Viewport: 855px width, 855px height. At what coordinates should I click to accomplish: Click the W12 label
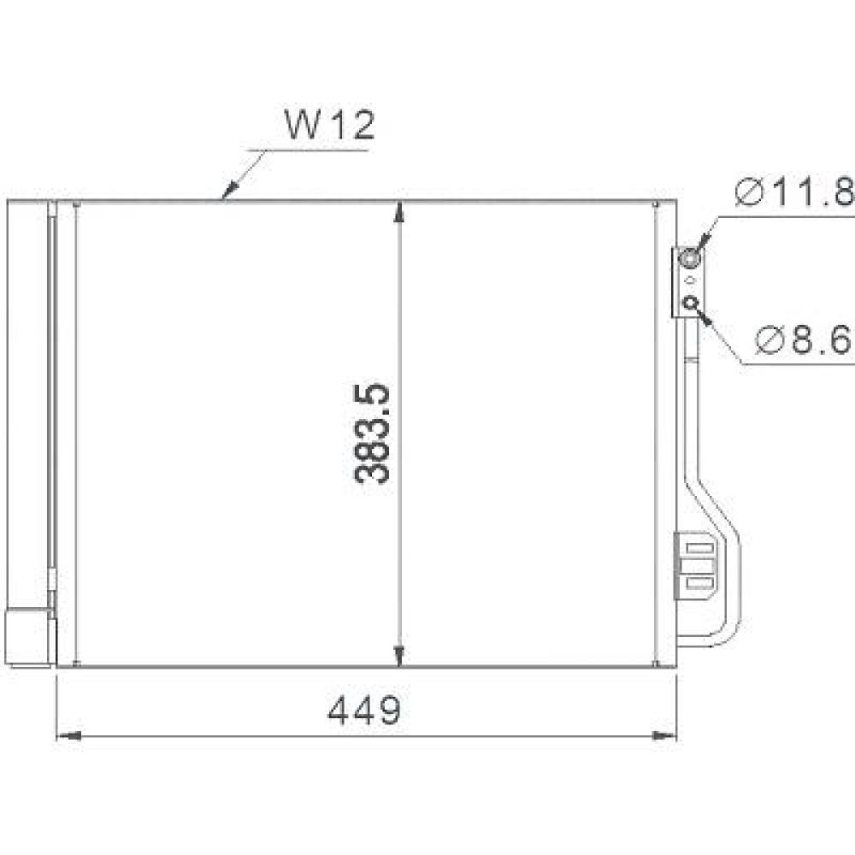point(329,126)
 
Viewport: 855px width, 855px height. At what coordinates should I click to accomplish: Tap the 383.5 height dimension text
point(373,433)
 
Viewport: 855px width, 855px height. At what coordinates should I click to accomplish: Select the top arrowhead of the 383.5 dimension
point(399,213)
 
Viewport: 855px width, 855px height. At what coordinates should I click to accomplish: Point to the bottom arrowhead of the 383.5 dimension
point(399,654)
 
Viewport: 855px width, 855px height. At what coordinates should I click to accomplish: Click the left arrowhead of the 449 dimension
point(68,734)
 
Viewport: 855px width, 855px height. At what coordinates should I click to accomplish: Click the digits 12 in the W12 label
point(351,126)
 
